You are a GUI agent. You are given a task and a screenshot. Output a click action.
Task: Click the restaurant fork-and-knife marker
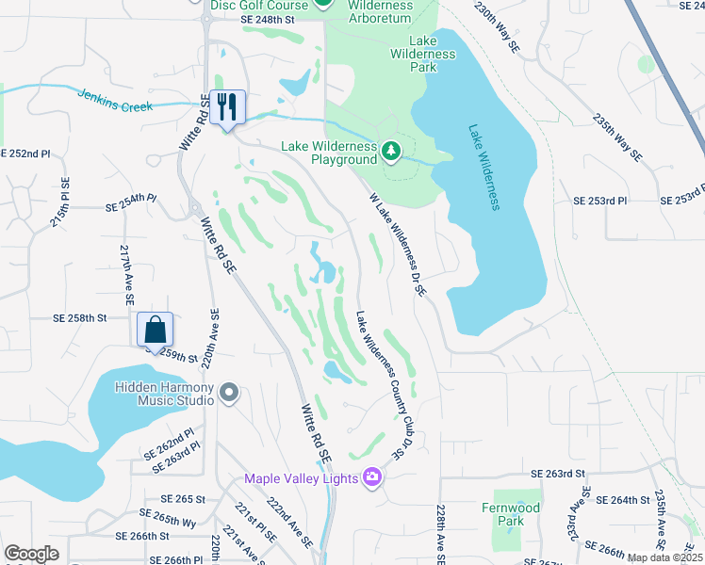coord(227,105)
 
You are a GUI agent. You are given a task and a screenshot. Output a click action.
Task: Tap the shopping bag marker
coord(156,330)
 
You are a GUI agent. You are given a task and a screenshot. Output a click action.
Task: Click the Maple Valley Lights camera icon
coord(372,478)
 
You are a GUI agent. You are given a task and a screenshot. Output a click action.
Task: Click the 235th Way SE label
coord(617,137)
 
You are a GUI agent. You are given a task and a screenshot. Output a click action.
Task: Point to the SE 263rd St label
coord(559,474)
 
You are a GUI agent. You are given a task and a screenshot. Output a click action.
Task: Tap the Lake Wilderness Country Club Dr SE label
coord(379,384)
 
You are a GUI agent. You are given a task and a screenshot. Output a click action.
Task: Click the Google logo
coord(31,554)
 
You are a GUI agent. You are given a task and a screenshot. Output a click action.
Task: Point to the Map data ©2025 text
coord(664,557)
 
